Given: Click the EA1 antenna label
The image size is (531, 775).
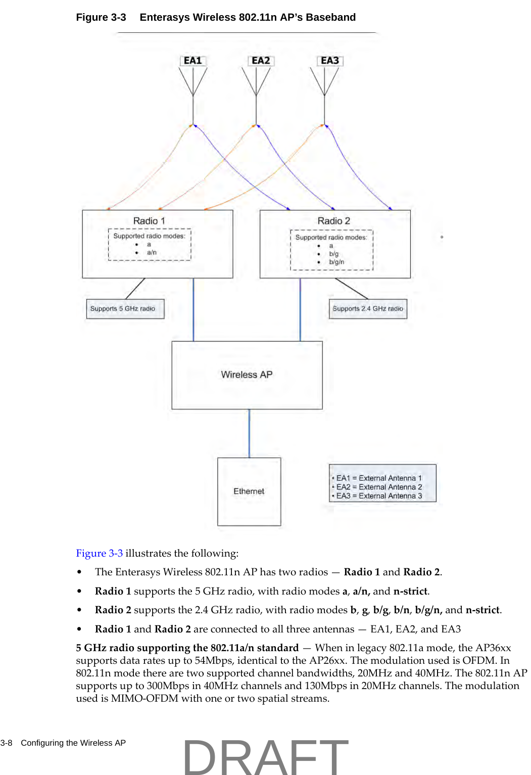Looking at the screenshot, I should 192,61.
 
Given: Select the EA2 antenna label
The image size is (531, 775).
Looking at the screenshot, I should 261,61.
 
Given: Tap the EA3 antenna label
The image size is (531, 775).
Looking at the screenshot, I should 330,61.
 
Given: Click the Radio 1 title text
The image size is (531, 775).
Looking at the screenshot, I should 149,221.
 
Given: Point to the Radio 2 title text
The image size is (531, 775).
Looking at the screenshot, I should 333,221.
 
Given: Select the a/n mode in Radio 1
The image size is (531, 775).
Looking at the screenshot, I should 152,252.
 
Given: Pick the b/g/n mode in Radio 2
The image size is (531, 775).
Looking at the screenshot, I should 336,262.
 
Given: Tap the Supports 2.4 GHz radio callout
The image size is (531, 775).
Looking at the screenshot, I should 368,308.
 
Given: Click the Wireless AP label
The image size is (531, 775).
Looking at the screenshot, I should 247,375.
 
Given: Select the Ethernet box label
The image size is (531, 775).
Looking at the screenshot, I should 249,491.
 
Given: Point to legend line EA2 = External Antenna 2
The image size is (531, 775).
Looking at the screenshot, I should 379,487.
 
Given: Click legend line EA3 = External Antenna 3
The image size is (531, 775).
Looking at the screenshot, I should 379,496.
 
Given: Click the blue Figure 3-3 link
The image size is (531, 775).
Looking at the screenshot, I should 99,553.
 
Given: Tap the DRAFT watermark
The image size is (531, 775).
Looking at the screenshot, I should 265,756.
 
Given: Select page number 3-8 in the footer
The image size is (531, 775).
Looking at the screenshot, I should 6,743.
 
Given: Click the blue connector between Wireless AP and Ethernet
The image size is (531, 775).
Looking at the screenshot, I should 249,433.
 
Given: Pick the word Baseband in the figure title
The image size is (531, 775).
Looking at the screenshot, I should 330,17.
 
